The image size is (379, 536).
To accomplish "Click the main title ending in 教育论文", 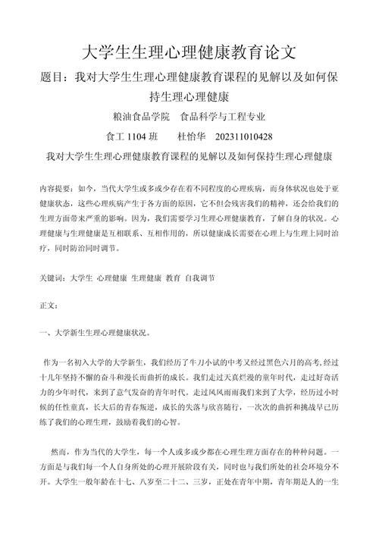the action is coord(189,53).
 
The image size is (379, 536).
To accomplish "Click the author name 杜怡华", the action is coord(192,137).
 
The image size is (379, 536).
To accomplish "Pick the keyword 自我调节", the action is coord(200,278).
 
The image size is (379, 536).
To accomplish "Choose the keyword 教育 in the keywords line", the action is coord(173,278).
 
